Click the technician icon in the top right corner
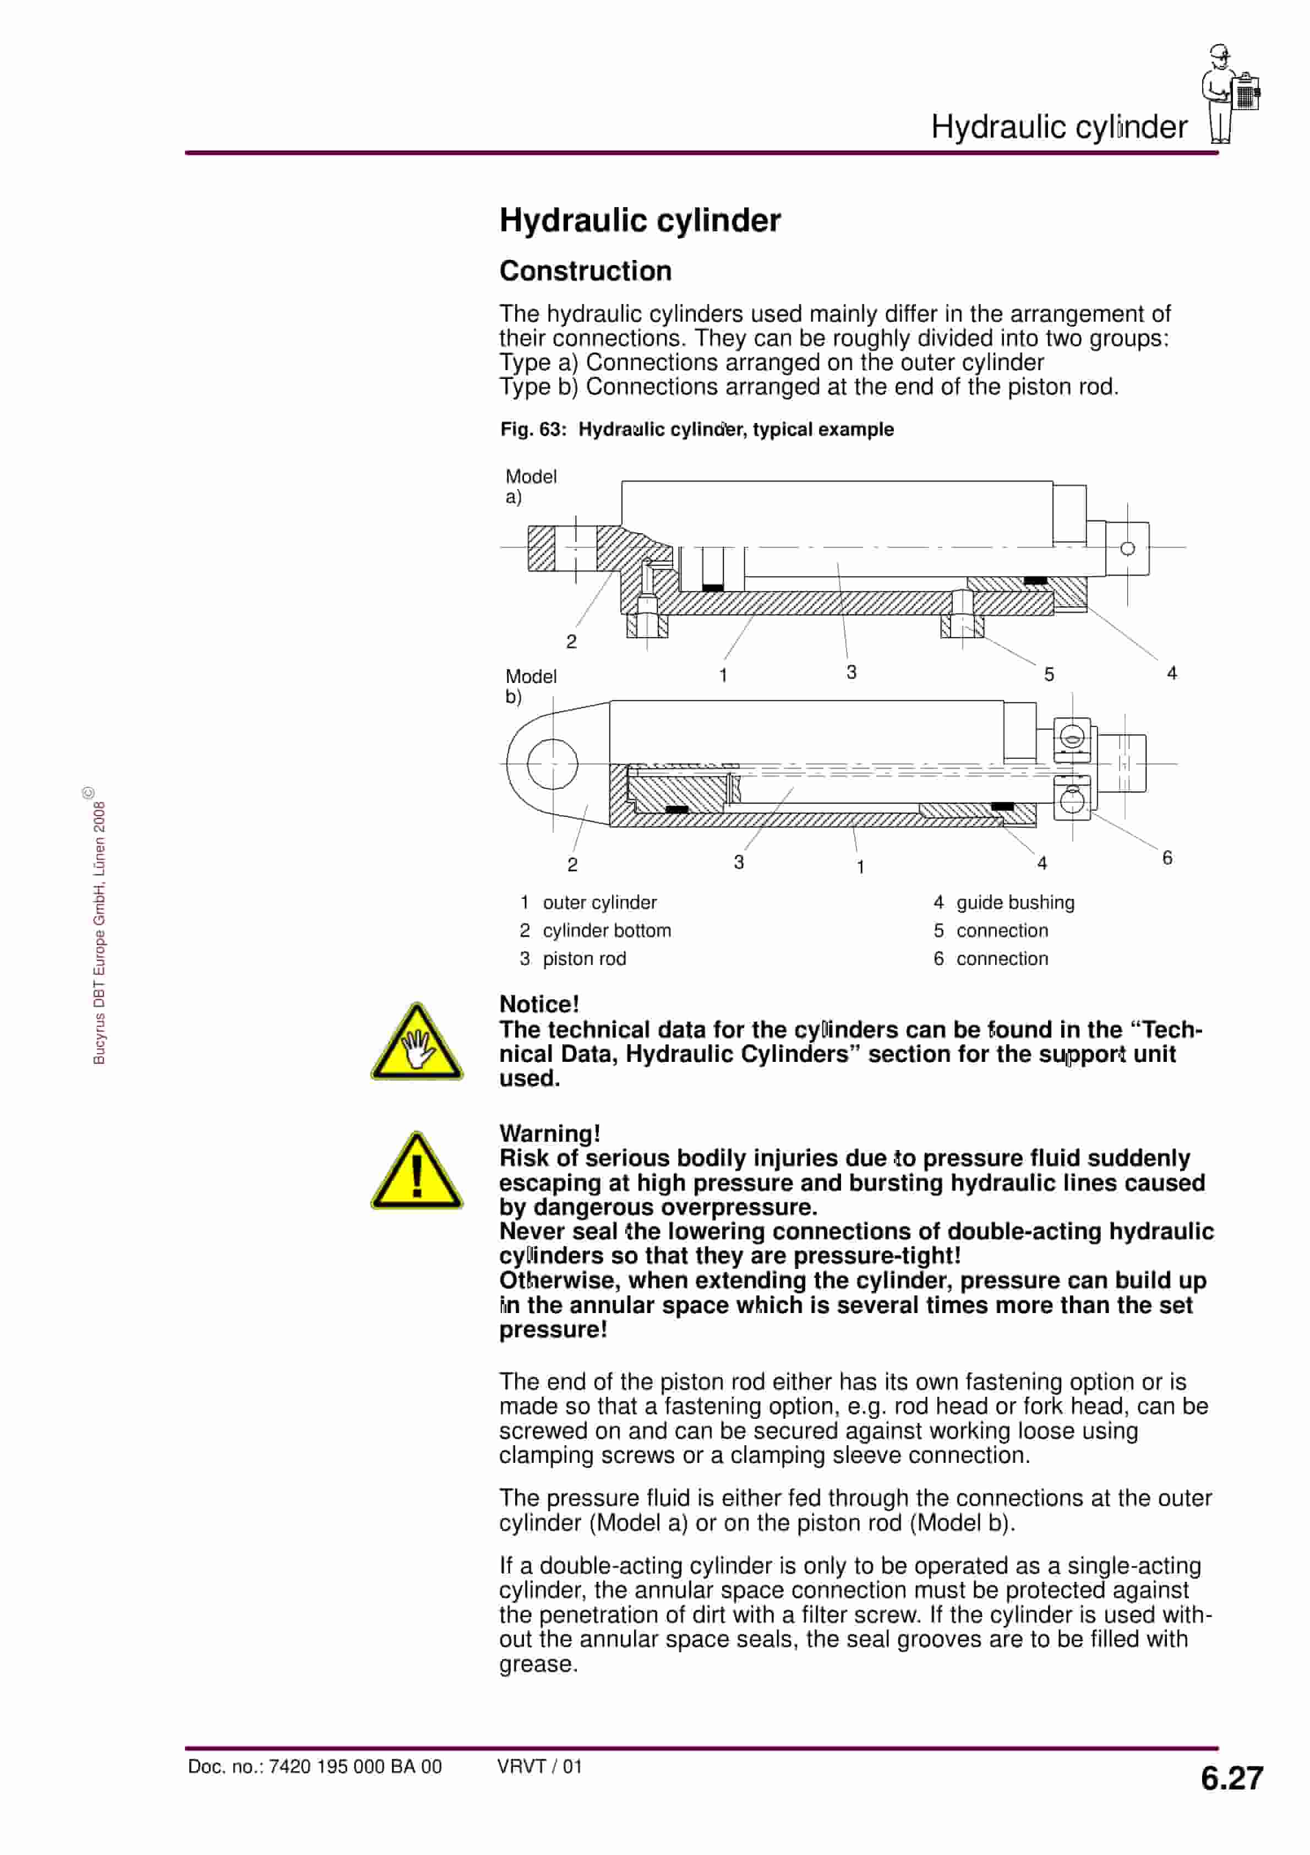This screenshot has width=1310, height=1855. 1229,95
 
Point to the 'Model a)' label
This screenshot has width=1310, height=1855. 530,486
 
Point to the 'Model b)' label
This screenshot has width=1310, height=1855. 530,686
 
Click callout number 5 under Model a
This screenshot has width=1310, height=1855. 1049,674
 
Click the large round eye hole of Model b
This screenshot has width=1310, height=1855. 553,763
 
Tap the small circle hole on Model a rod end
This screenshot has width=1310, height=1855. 1127,549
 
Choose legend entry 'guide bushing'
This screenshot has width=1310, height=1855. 1014,903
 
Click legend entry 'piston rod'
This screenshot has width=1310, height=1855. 584,959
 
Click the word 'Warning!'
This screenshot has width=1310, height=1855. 549,1133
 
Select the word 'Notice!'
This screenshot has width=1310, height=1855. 539,1004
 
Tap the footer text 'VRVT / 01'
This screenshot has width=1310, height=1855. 539,1766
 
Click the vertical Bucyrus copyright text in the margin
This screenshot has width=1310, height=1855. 99,929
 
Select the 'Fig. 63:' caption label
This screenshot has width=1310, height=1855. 533,429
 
